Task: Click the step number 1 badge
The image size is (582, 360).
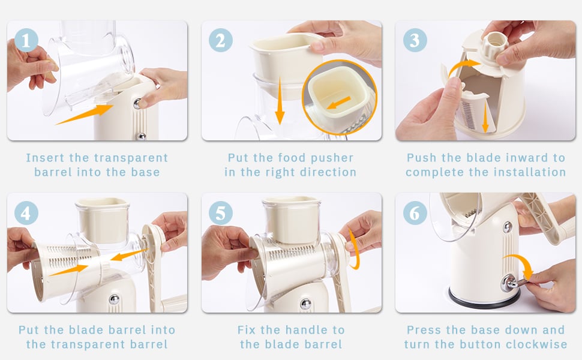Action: tap(26, 40)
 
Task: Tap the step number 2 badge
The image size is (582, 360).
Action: tap(220, 40)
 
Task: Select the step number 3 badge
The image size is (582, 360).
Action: tap(415, 40)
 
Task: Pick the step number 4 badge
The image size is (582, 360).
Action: tap(26, 213)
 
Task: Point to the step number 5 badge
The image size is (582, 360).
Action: tap(220, 213)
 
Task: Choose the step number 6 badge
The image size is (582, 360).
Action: tap(415, 213)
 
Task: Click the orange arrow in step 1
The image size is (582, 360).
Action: tap(85, 115)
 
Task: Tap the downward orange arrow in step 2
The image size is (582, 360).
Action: tap(280, 100)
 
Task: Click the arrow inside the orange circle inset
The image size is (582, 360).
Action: tap(338, 103)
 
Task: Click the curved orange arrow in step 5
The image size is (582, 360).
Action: tap(356, 248)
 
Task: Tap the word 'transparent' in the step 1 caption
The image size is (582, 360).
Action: tap(118, 158)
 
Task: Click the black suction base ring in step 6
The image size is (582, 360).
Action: tap(482, 297)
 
